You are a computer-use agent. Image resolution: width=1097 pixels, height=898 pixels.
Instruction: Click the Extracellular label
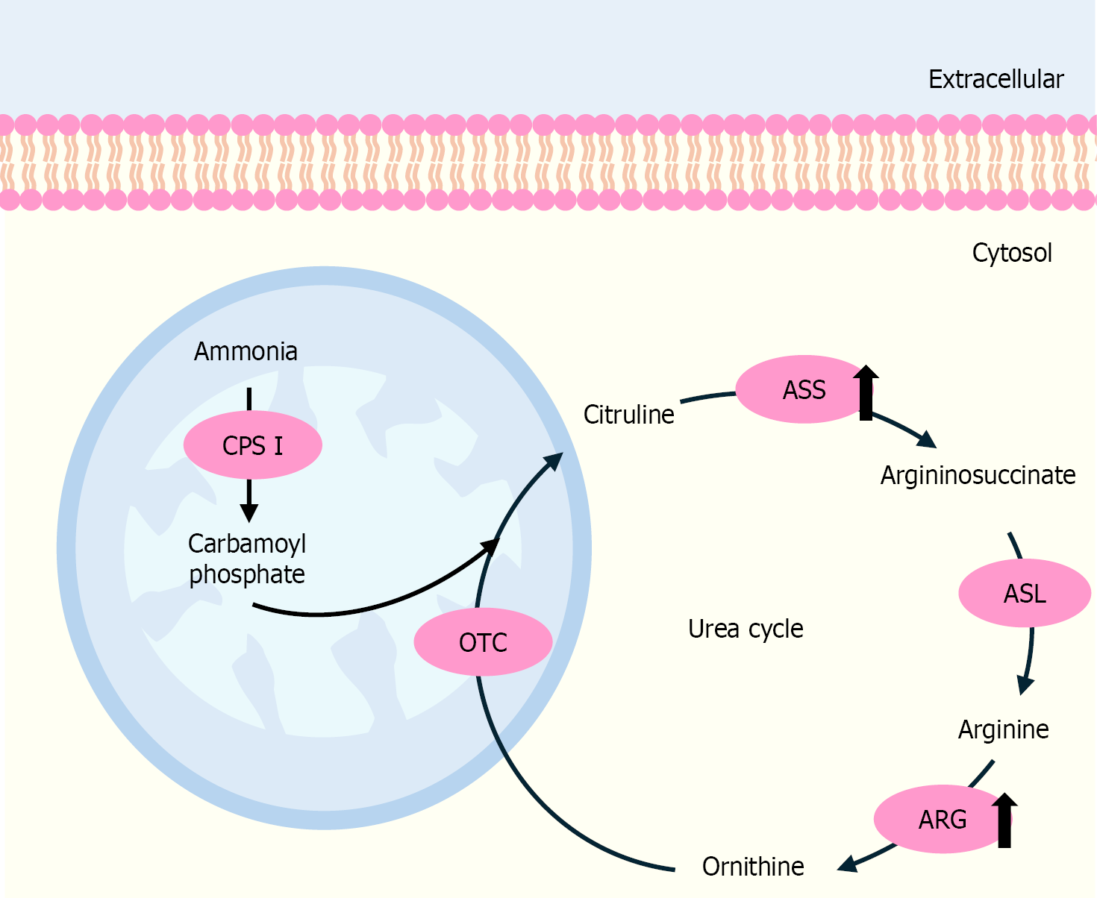[x=996, y=79]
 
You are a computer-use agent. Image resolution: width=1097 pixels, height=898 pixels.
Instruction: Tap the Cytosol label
[x=1011, y=253]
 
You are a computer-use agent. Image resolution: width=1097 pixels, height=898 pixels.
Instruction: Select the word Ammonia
[x=246, y=351]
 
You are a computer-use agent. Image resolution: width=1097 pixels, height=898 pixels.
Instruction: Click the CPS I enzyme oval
[x=252, y=445]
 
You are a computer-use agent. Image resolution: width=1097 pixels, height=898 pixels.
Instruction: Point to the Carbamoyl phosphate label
[x=247, y=559]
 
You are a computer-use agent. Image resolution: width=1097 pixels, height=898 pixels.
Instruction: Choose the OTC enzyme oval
[x=483, y=642]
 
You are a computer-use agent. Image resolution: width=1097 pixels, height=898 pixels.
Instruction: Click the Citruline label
[x=628, y=415]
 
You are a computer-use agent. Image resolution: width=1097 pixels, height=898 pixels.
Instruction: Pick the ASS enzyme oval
[x=798, y=390]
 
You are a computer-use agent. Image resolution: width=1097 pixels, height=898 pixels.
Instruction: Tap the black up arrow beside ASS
[x=866, y=392]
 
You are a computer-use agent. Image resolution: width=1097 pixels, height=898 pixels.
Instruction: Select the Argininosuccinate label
[x=978, y=475]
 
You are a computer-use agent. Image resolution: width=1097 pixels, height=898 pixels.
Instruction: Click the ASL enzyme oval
[x=1024, y=594]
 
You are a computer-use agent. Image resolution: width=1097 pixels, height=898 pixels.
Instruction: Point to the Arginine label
[x=1003, y=729]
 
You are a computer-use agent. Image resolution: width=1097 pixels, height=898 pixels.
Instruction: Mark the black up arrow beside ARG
[x=1004, y=820]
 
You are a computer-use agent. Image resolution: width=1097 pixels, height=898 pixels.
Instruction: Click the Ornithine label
[x=753, y=867]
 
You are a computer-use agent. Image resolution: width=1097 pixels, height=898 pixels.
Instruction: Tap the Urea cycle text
[x=746, y=629]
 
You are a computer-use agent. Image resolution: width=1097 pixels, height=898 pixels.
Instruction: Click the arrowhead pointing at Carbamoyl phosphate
[x=249, y=513]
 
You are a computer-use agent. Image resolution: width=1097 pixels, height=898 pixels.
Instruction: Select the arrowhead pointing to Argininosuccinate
[x=927, y=439]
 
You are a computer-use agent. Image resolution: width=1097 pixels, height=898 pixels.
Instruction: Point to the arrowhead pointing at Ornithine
[x=847, y=864]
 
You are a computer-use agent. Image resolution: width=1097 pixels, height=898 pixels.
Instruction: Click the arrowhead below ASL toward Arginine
[x=1026, y=685]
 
